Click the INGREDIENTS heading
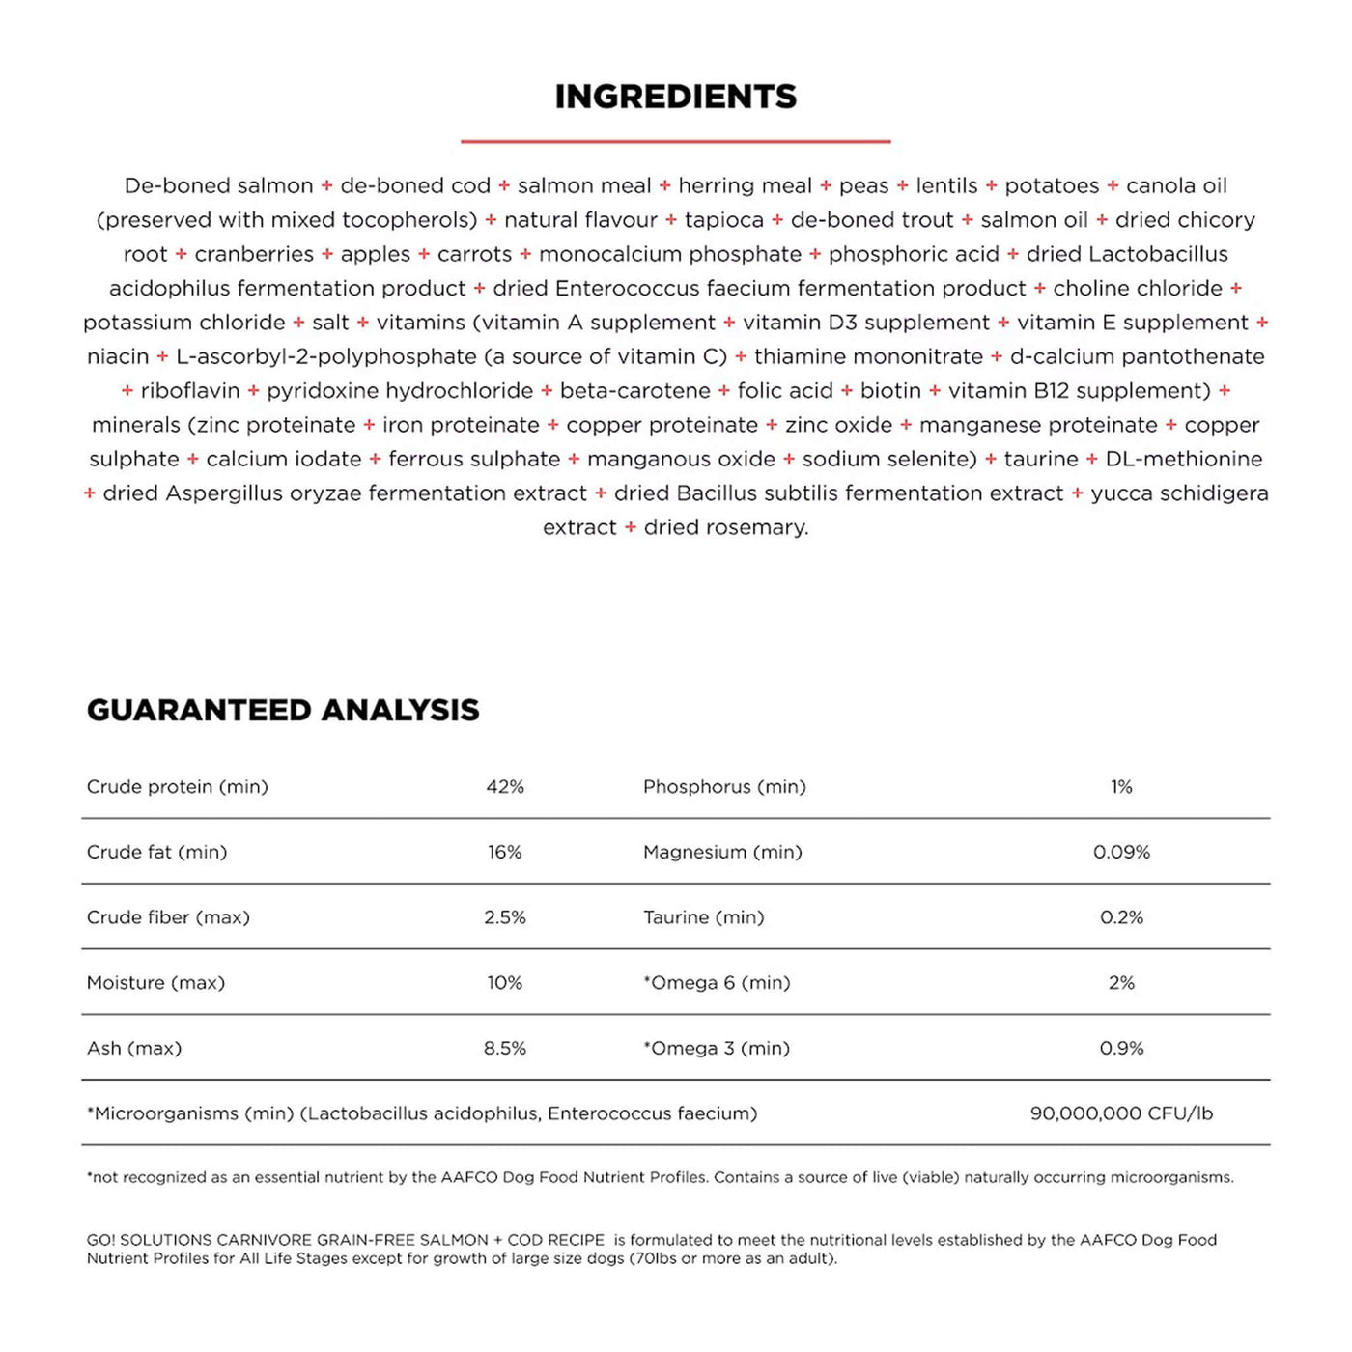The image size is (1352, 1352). (676, 97)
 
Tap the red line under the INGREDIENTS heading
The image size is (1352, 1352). (676, 141)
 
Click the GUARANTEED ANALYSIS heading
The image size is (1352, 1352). (283, 711)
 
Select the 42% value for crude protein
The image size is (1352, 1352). (505, 787)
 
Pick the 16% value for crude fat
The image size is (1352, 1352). (505, 852)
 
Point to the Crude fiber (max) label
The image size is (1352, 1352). (168, 917)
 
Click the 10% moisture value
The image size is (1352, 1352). (505, 983)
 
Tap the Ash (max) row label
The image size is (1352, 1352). (134, 1048)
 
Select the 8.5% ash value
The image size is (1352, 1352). (505, 1048)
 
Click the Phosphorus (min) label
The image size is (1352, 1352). (724, 787)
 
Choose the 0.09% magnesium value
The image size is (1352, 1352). (1121, 852)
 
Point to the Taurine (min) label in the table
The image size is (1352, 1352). (703, 917)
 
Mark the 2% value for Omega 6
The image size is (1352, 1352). (1121, 983)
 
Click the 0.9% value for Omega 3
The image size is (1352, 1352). (1121, 1048)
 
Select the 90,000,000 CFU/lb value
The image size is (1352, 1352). (1121, 1113)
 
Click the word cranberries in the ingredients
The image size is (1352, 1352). (254, 254)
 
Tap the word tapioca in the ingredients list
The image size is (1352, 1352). (723, 220)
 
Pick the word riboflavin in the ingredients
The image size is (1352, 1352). (190, 391)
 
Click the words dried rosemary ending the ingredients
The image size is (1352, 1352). (725, 527)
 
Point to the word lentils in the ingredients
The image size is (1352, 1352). (946, 185)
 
